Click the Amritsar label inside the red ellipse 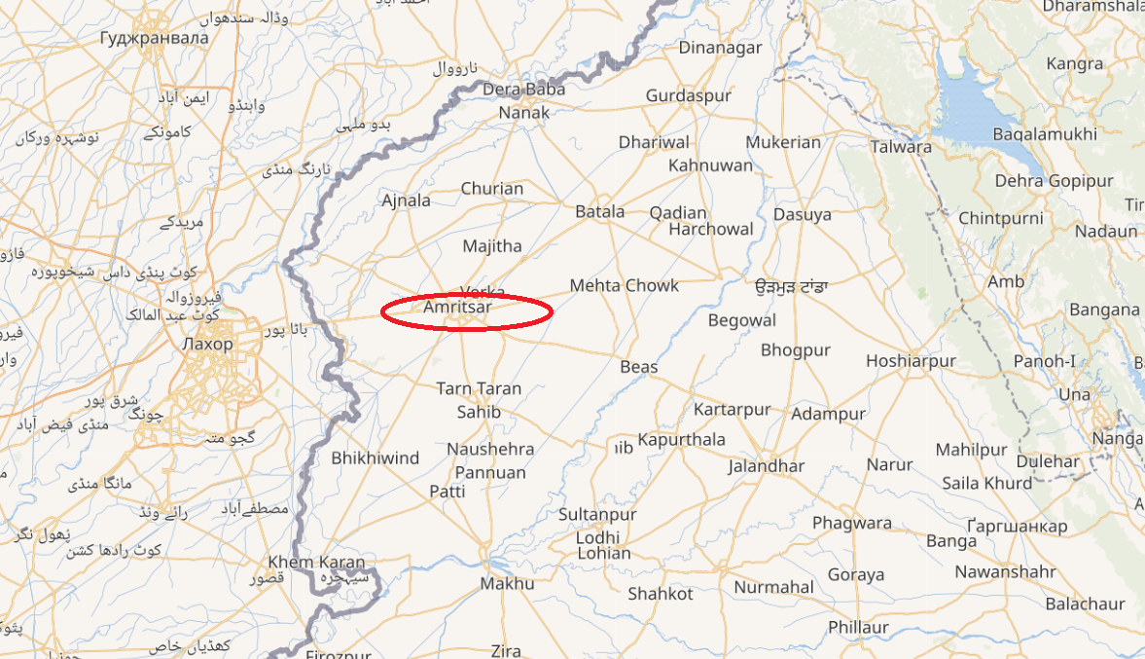pos(458,308)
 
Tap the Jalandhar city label pos(767,466)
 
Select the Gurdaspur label pos(688,97)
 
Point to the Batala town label pos(600,211)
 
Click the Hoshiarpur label pos(911,361)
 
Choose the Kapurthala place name pos(681,440)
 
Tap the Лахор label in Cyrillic pos(207,345)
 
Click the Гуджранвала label pos(155,38)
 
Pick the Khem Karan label pos(316,563)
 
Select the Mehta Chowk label pos(625,286)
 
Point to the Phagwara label pos(852,524)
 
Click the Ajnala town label pos(406,201)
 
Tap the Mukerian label pos(784,142)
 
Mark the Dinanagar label pos(721,48)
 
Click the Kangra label pos(1075,64)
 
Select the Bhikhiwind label pos(376,458)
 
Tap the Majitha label pos(492,246)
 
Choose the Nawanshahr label pos(1005,572)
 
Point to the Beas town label pos(639,367)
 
